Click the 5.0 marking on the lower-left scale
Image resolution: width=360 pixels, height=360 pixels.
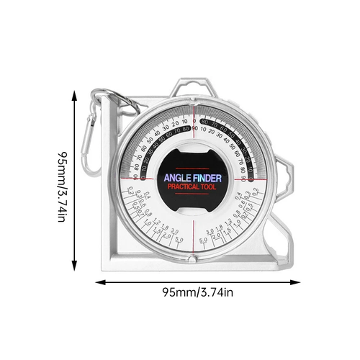180,240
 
